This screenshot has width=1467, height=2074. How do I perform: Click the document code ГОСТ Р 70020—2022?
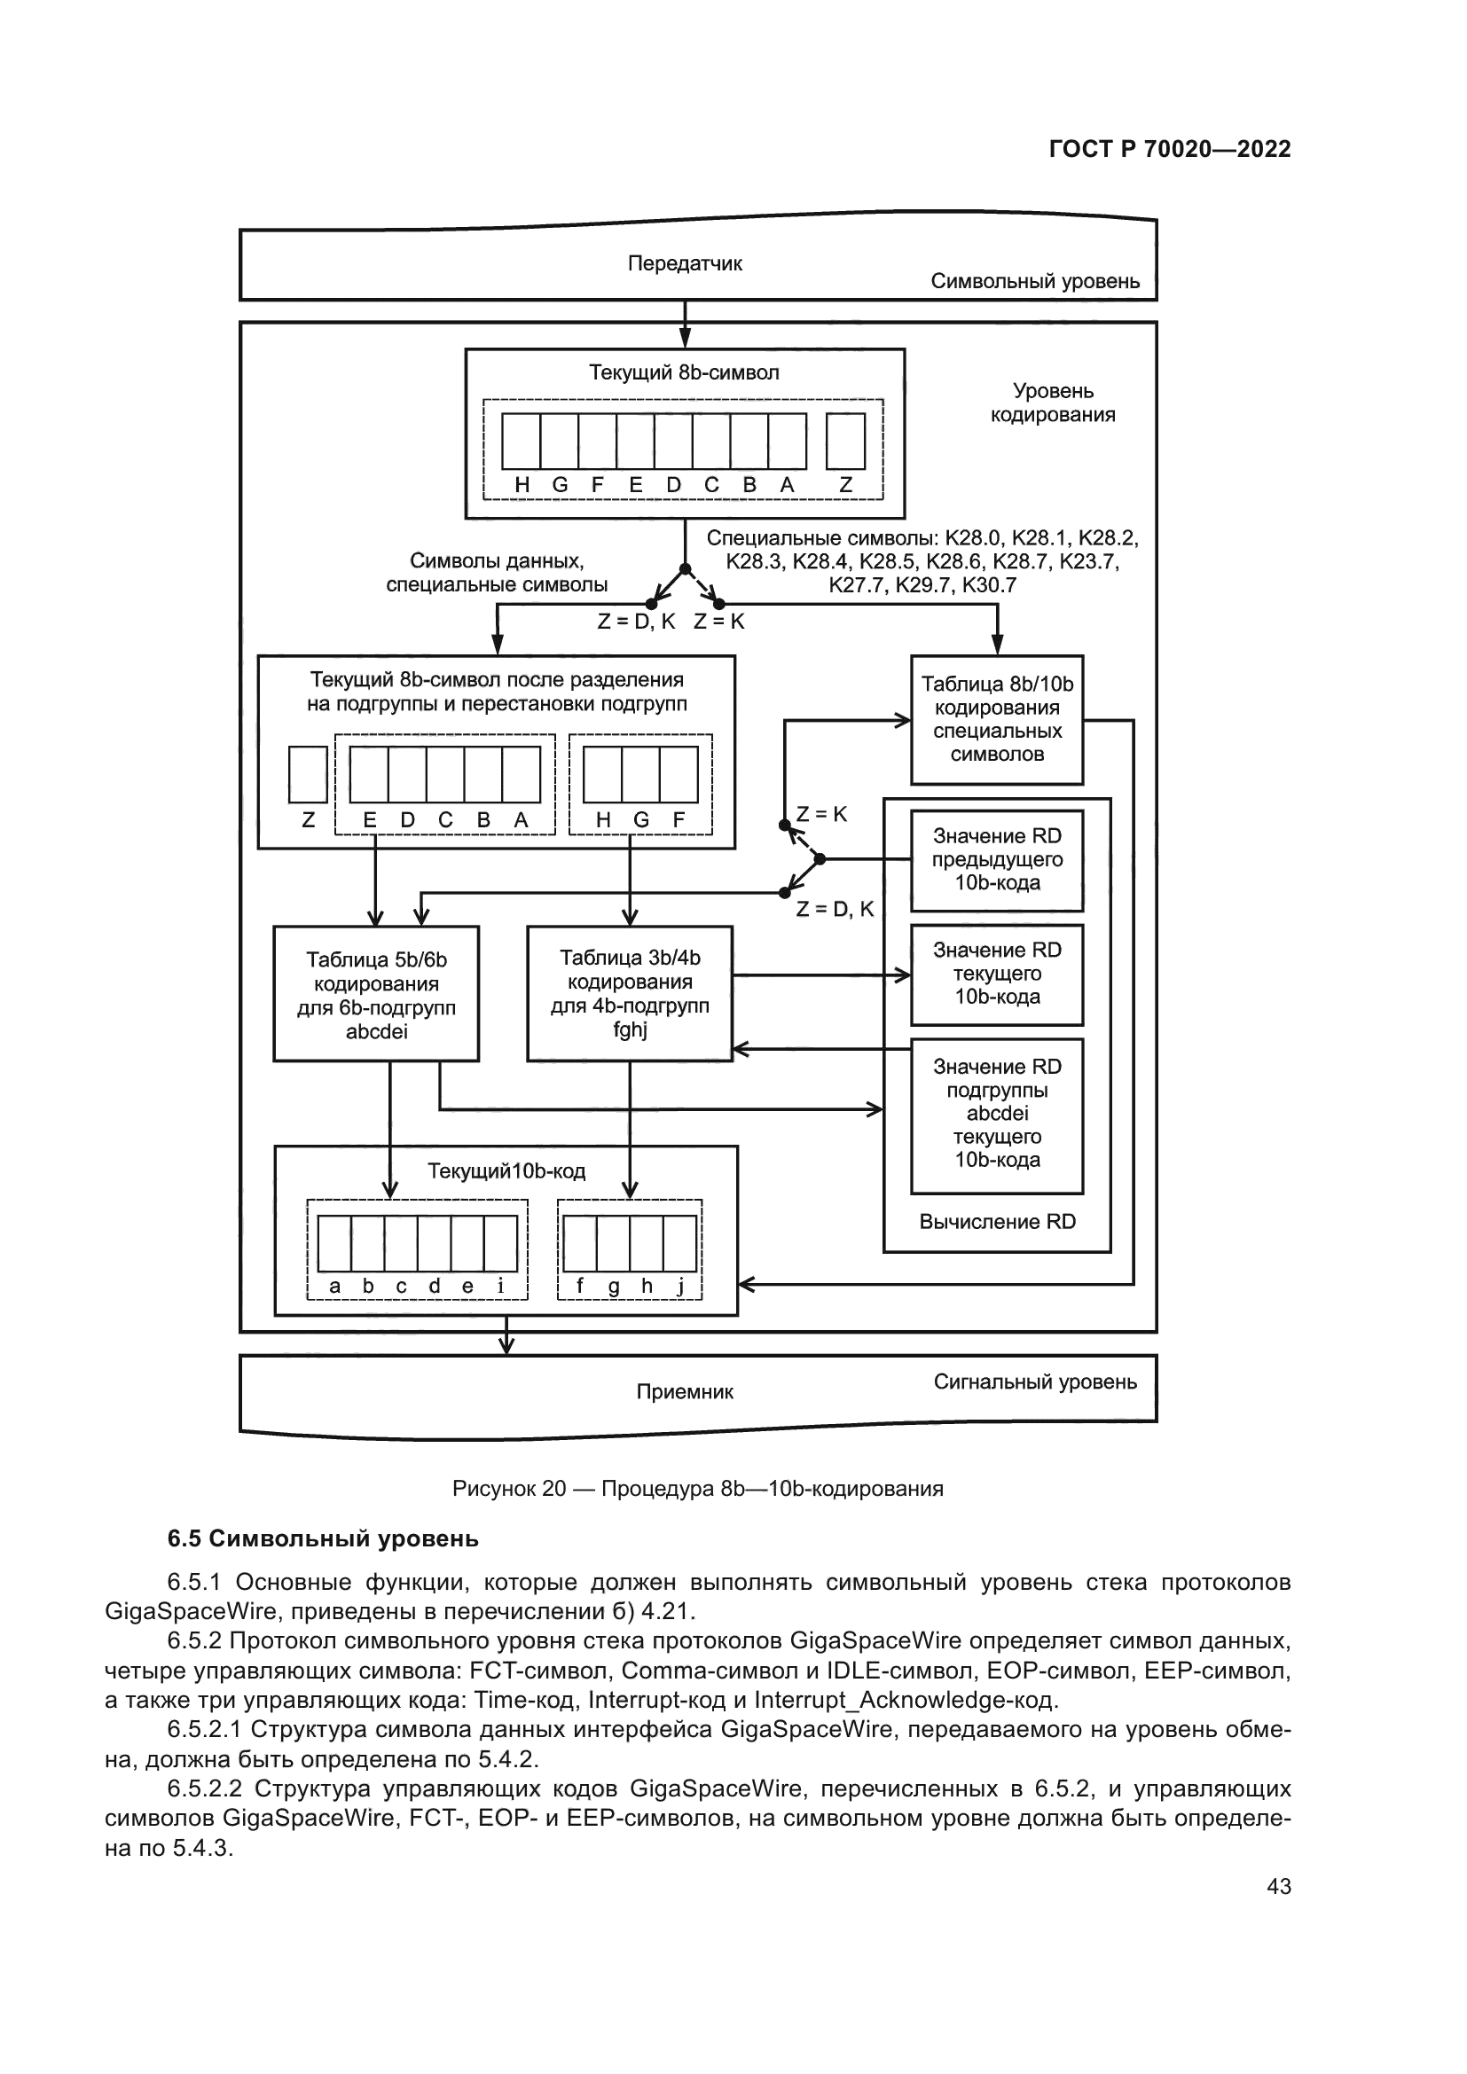(x=1170, y=149)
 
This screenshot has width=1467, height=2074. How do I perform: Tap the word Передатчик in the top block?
(x=685, y=263)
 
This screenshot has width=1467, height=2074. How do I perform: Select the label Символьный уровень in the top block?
(x=1035, y=282)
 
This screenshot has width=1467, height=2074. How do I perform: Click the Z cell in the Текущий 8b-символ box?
(x=845, y=441)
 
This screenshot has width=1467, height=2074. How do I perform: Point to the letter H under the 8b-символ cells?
(x=522, y=485)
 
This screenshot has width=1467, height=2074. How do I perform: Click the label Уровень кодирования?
(x=1053, y=403)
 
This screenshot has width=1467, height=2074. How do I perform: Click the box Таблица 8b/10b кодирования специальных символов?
(x=996, y=719)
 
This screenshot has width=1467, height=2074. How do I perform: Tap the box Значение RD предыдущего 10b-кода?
(x=996, y=860)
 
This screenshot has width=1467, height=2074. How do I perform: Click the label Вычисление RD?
(x=997, y=1222)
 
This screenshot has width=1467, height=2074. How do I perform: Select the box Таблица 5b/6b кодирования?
(x=376, y=994)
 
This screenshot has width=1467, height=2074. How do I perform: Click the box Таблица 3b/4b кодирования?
(x=630, y=993)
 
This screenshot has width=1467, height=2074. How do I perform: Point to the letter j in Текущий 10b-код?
(x=680, y=1287)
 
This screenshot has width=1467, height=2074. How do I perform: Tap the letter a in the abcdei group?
(x=335, y=1287)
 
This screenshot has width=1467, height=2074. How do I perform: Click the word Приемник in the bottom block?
(x=685, y=1392)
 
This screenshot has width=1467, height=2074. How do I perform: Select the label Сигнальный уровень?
(x=1035, y=1381)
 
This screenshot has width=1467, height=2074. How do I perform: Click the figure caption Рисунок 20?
(x=697, y=1490)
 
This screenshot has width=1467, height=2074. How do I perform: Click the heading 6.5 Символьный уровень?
(x=323, y=1538)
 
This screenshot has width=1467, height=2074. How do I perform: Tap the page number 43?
(x=1278, y=1886)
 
